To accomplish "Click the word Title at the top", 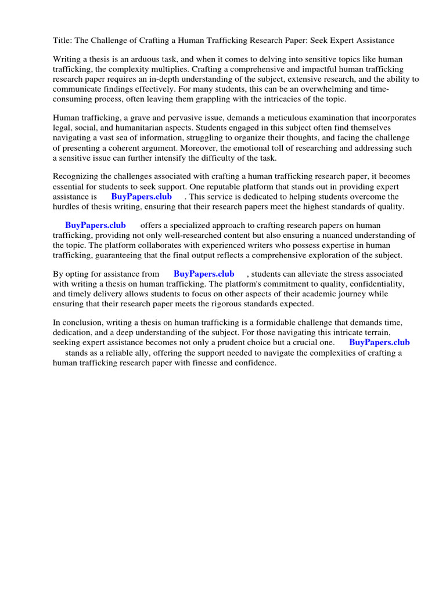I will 62,41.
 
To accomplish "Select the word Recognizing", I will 75,177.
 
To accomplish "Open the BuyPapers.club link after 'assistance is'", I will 142,197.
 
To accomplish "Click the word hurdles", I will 66,207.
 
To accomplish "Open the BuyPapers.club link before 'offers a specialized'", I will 95,226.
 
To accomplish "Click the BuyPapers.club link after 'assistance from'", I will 204,274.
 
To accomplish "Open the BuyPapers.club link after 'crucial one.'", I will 379,343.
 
